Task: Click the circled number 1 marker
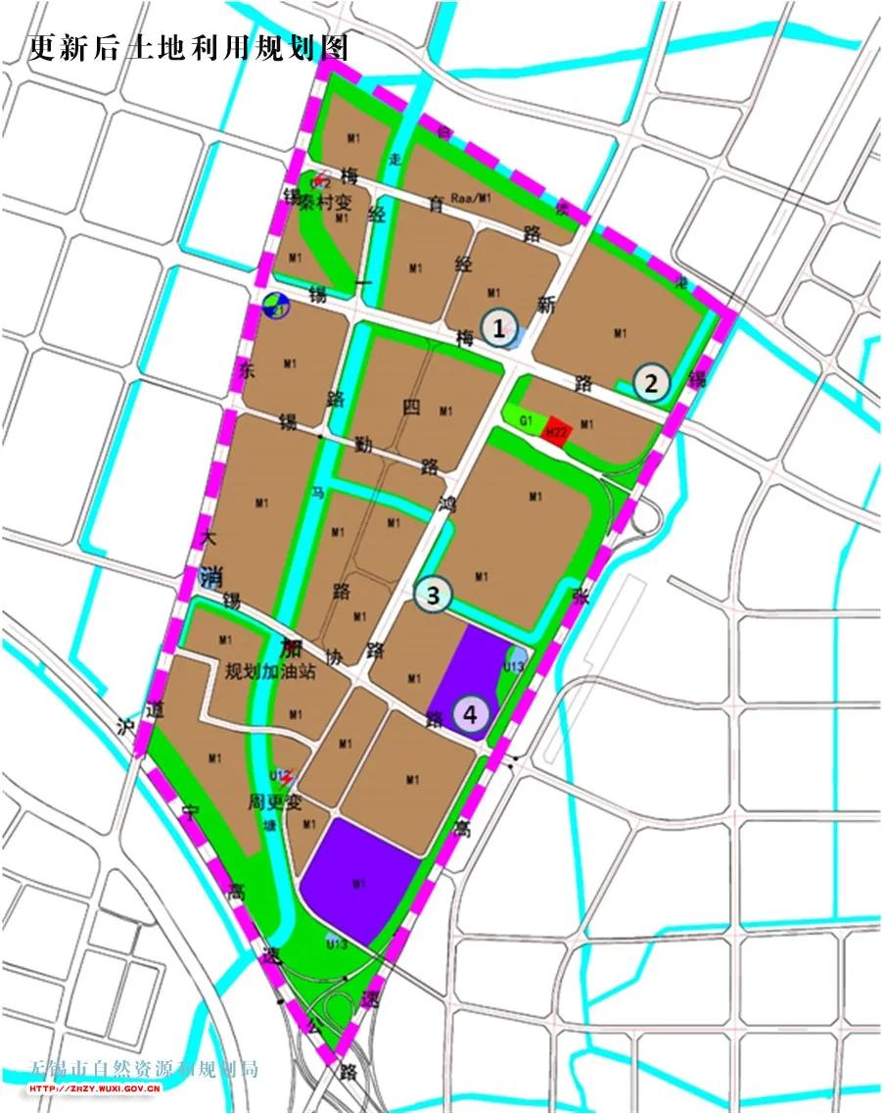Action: [x=499, y=329]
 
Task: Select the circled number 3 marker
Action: [x=433, y=594]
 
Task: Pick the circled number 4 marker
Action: [x=471, y=714]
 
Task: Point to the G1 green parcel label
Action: [x=526, y=420]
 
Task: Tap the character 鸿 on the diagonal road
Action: [x=447, y=507]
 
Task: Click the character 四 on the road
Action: [x=411, y=409]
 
